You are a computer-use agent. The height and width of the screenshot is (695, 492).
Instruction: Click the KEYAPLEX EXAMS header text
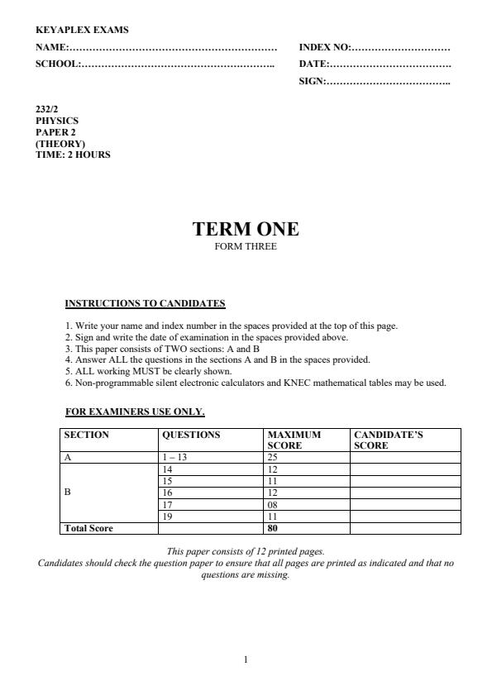pos(82,30)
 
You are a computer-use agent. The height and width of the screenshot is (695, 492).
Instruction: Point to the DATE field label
pos(314,64)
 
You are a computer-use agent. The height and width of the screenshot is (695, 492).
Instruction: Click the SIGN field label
pos(313,81)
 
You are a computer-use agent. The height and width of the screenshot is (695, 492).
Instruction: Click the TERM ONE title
pos(246,229)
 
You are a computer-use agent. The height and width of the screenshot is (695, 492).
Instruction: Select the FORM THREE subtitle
pos(246,246)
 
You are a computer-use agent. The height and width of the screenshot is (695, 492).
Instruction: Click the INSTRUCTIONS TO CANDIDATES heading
pos(145,303)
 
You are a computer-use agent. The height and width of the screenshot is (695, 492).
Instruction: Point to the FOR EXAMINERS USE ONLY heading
pos(135,412)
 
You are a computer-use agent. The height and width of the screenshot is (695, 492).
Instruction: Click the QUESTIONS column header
pos(191,434)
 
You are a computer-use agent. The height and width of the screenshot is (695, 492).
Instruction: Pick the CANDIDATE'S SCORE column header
pos(389,439)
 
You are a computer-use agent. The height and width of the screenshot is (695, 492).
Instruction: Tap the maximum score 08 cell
pos(273,504)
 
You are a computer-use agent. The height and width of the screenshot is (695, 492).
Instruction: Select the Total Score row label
pos(88,528)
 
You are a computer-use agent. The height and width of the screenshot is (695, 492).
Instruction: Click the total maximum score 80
pos(273,528)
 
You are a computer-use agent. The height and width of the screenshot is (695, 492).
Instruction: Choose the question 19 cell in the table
pos(167,516)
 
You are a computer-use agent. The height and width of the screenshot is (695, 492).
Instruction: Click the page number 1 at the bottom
pos(246,659)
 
